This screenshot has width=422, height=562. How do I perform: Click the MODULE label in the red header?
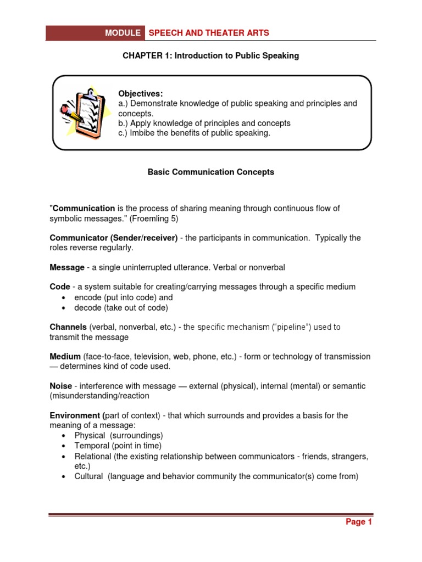click(123, 33)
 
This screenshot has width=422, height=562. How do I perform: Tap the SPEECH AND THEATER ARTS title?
click(209, 33)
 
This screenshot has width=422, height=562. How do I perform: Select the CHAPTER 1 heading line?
click(211, 56)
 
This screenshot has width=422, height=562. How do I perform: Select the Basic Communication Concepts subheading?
click(211, 172)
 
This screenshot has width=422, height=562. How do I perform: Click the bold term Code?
click(59, 286)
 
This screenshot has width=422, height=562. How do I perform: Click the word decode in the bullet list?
click(87, 307)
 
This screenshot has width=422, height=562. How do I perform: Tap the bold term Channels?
click(68, 327)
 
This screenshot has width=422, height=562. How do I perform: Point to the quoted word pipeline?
click(290, 327)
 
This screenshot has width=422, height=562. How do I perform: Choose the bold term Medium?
click(65, 357)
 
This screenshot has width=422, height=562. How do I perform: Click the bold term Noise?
click(60, 386)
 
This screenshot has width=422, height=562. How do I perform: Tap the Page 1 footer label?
click(358, 522)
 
